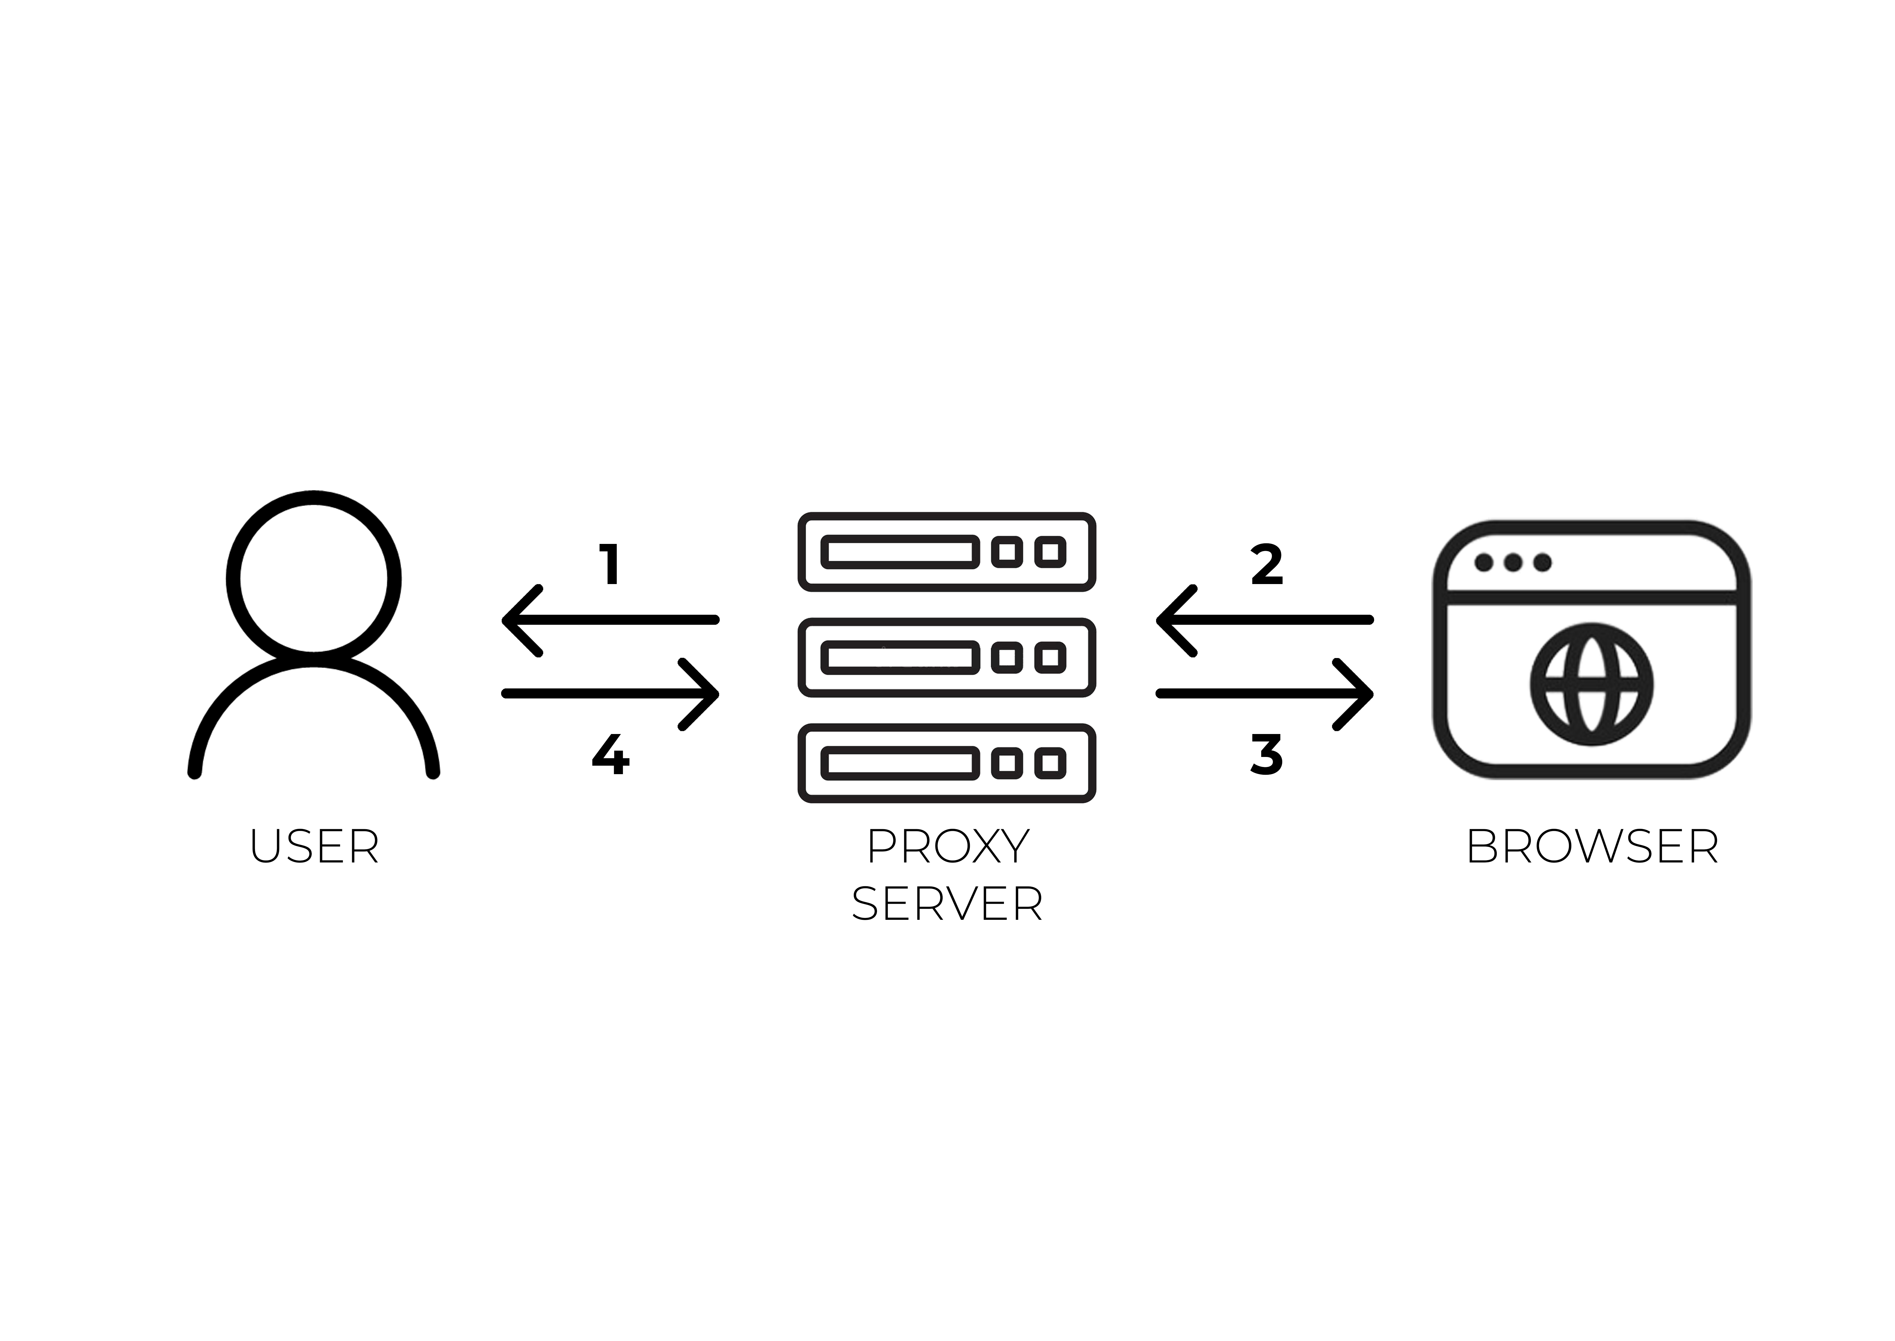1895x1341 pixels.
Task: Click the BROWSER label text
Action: pos(1592,847)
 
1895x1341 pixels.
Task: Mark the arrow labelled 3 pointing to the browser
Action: pos(1264,694)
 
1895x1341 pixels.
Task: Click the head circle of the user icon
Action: pos(314,578)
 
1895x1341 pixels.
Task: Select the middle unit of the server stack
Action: pos(947,657)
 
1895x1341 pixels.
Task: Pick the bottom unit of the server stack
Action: pos(947,763)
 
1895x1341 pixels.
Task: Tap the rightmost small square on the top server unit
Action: pos(1051,552)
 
